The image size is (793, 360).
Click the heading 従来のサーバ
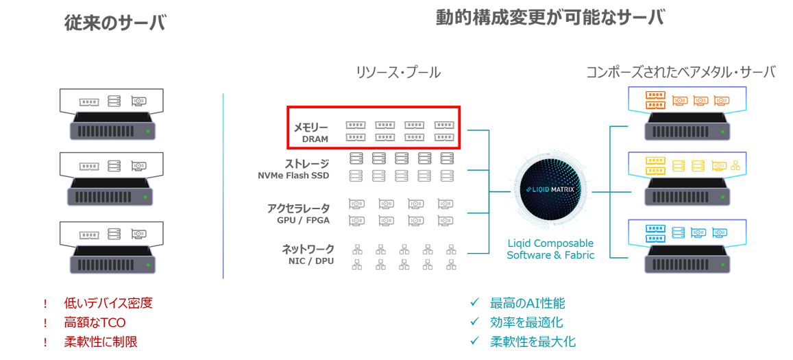pos(115,23)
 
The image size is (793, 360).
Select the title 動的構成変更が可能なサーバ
pos(550,18)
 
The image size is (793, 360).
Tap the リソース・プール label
pos(398,73)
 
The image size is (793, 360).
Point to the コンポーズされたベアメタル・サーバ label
pos(681,72)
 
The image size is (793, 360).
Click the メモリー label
pos(310,127)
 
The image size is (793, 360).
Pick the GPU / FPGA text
pos(303,220)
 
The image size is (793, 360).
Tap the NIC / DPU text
pos(311,261)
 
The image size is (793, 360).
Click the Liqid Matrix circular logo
pos(550,189)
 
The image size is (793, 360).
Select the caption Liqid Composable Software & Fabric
pos(550,249)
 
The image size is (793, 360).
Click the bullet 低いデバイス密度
pos(108,303)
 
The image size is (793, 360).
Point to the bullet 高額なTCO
pos(95,322)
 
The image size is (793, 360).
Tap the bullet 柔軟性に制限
pos(101,341)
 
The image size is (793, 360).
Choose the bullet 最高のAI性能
pos(527,303)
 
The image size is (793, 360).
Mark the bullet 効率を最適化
pos(526,322)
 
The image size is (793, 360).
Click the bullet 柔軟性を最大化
pos(533,341)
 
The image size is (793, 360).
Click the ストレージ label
pos(306,164)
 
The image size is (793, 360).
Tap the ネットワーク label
pos(308,249)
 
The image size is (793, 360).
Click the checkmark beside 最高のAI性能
pos(474,302)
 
